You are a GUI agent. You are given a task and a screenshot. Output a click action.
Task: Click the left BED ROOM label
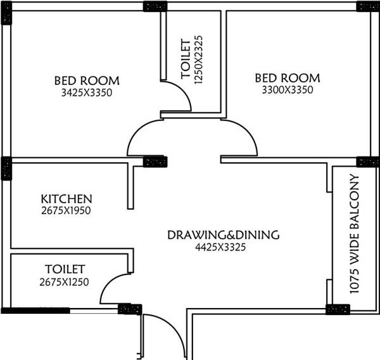click(x=87, y=80)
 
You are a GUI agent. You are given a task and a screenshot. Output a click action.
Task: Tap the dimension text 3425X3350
click(x=87, y=93)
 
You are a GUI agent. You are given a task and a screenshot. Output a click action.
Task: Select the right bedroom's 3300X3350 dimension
click(x=288, y=90)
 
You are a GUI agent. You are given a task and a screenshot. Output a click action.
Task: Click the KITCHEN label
click(x=66, y=198)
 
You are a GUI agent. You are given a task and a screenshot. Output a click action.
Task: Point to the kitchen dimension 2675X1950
click(x=66, y=210)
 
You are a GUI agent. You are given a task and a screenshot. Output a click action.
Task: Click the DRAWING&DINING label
click(x=223, y=235)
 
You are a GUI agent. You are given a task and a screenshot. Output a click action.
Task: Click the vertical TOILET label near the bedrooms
click(x=186, y=59)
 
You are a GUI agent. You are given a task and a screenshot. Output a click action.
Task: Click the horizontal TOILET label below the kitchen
click(x=65, y=269)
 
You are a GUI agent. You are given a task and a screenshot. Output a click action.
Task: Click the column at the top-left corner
click(x=6, y=13)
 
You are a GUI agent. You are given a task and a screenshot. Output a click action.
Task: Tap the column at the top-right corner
click(x=368, y=6)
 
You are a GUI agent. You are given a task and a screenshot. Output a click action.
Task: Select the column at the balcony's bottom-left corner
click(x=337, y=309)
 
